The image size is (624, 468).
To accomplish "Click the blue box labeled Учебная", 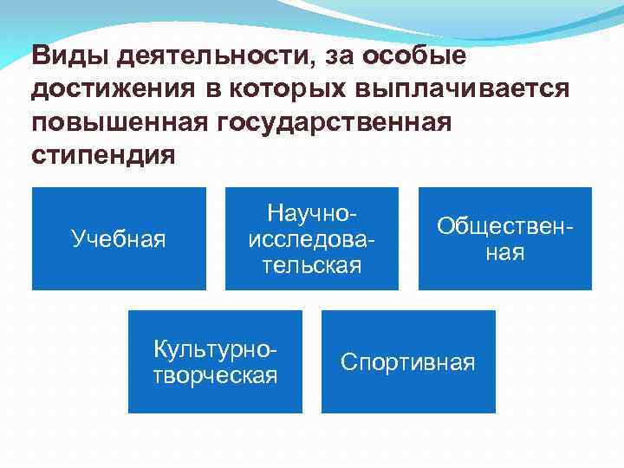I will (x=119, y=238).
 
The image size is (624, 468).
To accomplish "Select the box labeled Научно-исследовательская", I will (x=312, y=238).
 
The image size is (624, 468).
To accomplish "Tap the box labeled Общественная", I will (x=505, y=238).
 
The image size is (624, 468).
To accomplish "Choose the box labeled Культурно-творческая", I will (x=215, y=361).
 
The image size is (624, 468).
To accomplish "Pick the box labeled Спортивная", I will (x=408, y=361).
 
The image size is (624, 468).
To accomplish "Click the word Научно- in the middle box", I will (x=313, y=212).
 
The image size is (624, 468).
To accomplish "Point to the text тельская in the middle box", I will (x=312, y=265).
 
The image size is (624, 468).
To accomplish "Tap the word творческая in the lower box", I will (x=215, y=374).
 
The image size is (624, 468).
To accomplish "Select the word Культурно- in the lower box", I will (x=215, y=349).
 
